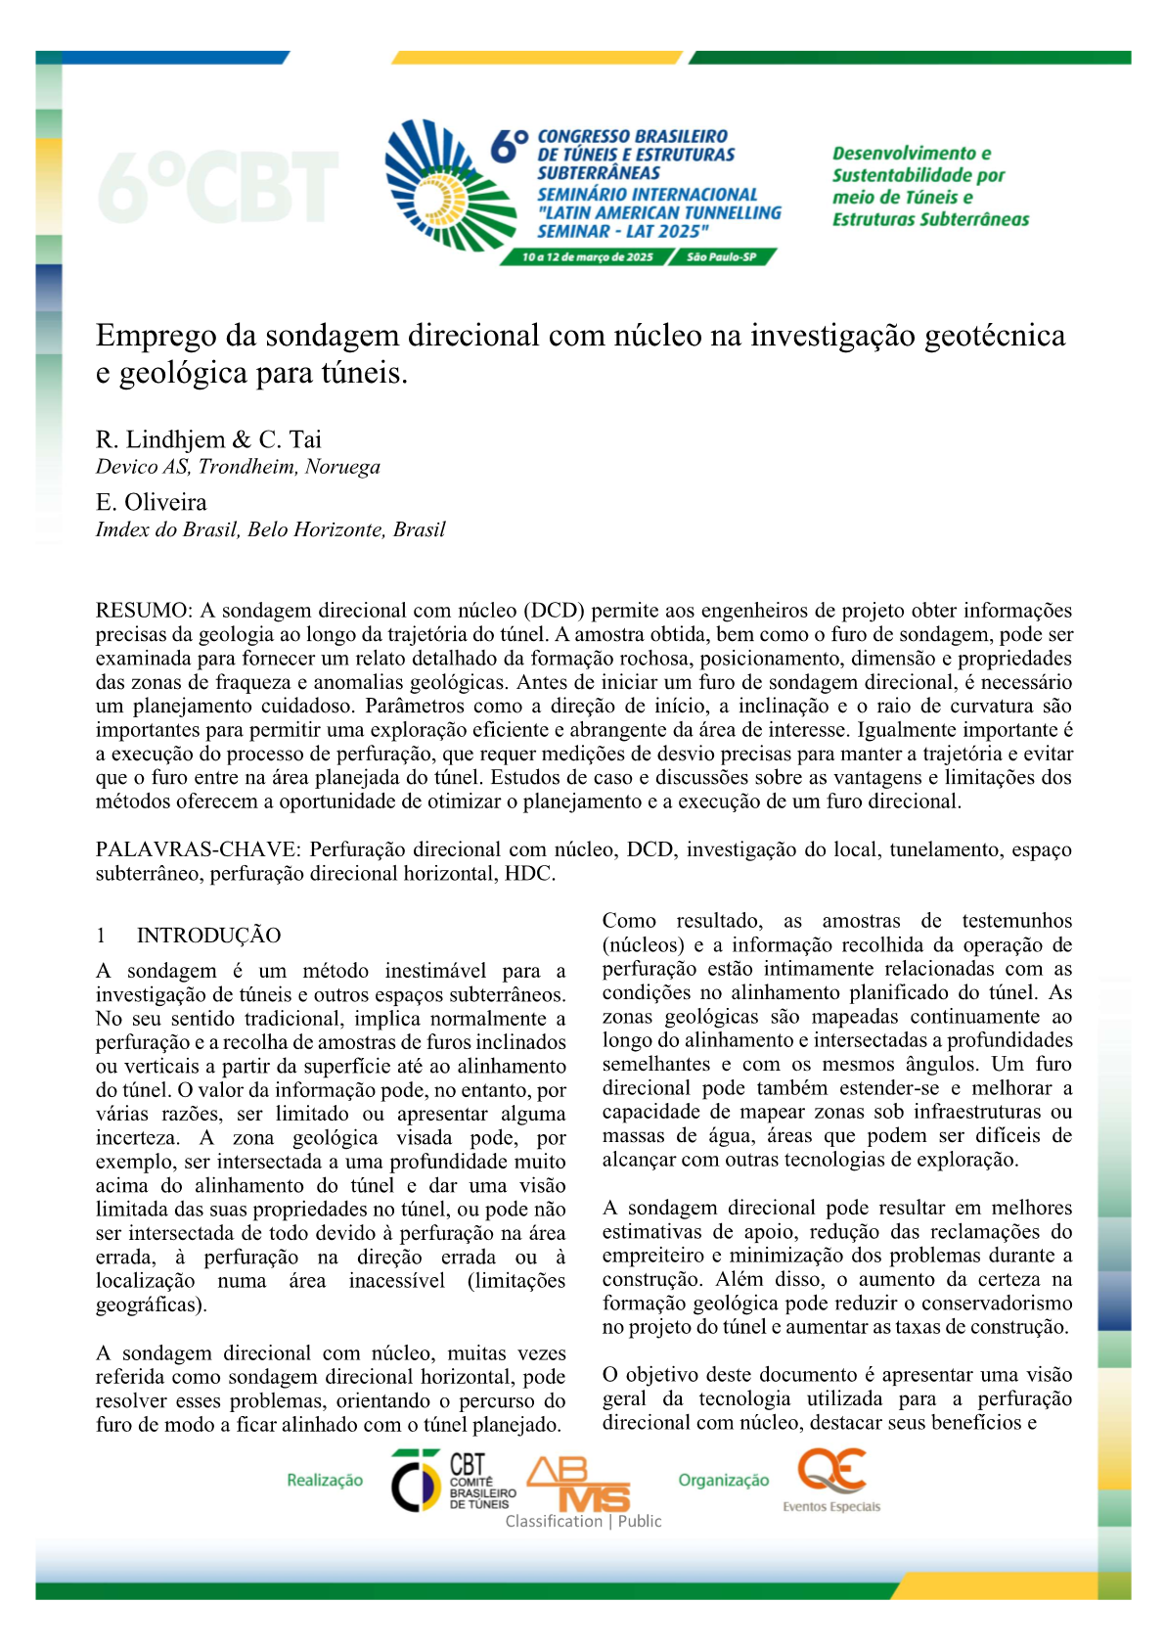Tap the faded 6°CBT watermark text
point(217,186)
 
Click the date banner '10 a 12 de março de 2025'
point(587,257)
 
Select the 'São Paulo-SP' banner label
point(721,257)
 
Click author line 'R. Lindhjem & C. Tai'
point(208,439)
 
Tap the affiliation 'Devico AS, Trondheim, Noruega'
point(238,467)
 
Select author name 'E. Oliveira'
point(152,502)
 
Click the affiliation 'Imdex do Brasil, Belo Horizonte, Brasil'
point(270,529)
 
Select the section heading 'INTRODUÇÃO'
point(208,936)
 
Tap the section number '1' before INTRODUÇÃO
point(101,936)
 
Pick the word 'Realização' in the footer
point(325,1481)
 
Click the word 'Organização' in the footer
point(724,1481)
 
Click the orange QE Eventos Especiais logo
point(831,1480)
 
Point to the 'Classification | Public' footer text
point(583,1522)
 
